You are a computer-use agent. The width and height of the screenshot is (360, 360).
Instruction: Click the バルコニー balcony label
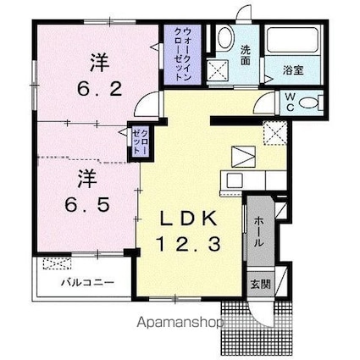[87, 281]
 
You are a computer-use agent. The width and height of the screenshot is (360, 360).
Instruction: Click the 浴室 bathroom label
[296, 73]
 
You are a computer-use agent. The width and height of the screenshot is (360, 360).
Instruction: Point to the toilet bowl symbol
[309, 104]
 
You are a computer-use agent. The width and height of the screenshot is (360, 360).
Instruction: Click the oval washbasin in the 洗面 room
[225, 38]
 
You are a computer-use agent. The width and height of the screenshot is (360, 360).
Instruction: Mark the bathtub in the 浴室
[292, 42]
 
